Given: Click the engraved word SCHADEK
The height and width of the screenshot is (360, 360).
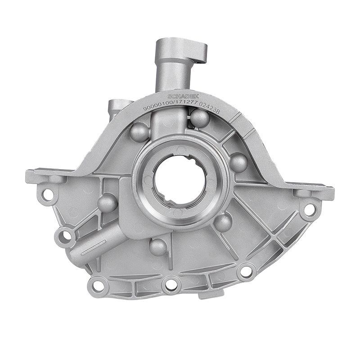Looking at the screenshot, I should pyautogui.click(x=180, y=97).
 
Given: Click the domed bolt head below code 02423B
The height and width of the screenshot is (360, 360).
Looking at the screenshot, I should pyautogui.click(x=199, y=118).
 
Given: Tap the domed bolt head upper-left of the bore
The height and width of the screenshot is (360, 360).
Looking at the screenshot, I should pyautogui.click(x=139, y=131).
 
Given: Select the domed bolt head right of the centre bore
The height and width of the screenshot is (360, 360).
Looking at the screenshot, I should pyautogui.click(x=238, y=162).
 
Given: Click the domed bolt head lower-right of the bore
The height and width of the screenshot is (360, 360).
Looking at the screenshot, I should pyautogui.click(x=222, y=222).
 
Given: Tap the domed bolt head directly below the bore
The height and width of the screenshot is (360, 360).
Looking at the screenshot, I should pyautogui.click(x=158, y=247).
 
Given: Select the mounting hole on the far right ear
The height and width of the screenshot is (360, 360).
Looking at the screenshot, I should pyautogui.click(x=310, y=209).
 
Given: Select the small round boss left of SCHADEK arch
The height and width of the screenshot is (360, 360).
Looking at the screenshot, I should pyautogui.click(x=114, y=107).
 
